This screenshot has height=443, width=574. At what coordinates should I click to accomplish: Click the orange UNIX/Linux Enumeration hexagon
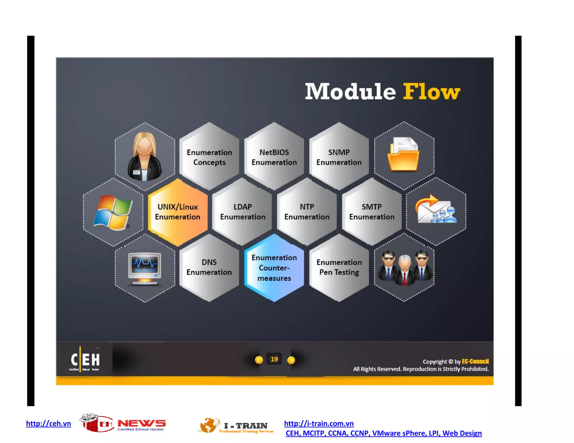pyautogui.click(x=178, y=212)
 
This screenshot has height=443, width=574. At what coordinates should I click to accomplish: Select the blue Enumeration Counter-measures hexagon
pyautogui.click(x=274, y=268)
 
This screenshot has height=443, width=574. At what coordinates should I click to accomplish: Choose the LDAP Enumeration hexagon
pyautogui.click(x=242, y=212)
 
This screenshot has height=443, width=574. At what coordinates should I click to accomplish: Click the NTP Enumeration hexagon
pyautogui.click(x=307, y=212)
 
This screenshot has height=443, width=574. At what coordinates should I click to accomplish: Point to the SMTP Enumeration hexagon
pyautogui.click(x=372, y=212)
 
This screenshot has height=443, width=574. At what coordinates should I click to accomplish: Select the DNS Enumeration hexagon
pyautogui.click(x=209, y=267)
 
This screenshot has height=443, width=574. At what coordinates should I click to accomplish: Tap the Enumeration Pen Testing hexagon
pyautogui.click(x=339, y=267)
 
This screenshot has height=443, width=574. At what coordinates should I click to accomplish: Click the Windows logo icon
pyautogui.click(x=113, y=212)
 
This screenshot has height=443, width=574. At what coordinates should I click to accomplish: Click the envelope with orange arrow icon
pyautogui.click(x=435, y=209)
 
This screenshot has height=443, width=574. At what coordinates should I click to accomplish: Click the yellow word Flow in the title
pyautogui.click(x=431, y=92)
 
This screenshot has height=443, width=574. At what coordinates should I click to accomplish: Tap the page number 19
pyautogui.click(x=274, y=359)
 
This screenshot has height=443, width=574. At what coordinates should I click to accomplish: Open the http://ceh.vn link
pyautogui.click(x=48, y=423)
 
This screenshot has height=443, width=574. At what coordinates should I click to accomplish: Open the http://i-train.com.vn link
pyautogui.click(x=319, y=423)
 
